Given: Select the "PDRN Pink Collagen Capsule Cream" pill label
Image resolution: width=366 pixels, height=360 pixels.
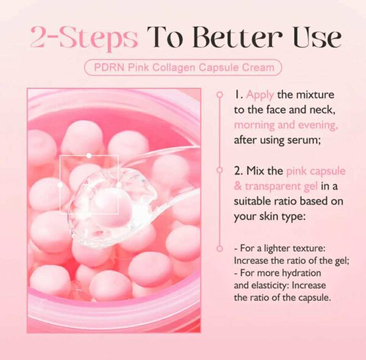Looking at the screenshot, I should [183, 67].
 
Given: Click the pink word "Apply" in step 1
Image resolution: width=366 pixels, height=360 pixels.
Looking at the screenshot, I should [260, 96].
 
